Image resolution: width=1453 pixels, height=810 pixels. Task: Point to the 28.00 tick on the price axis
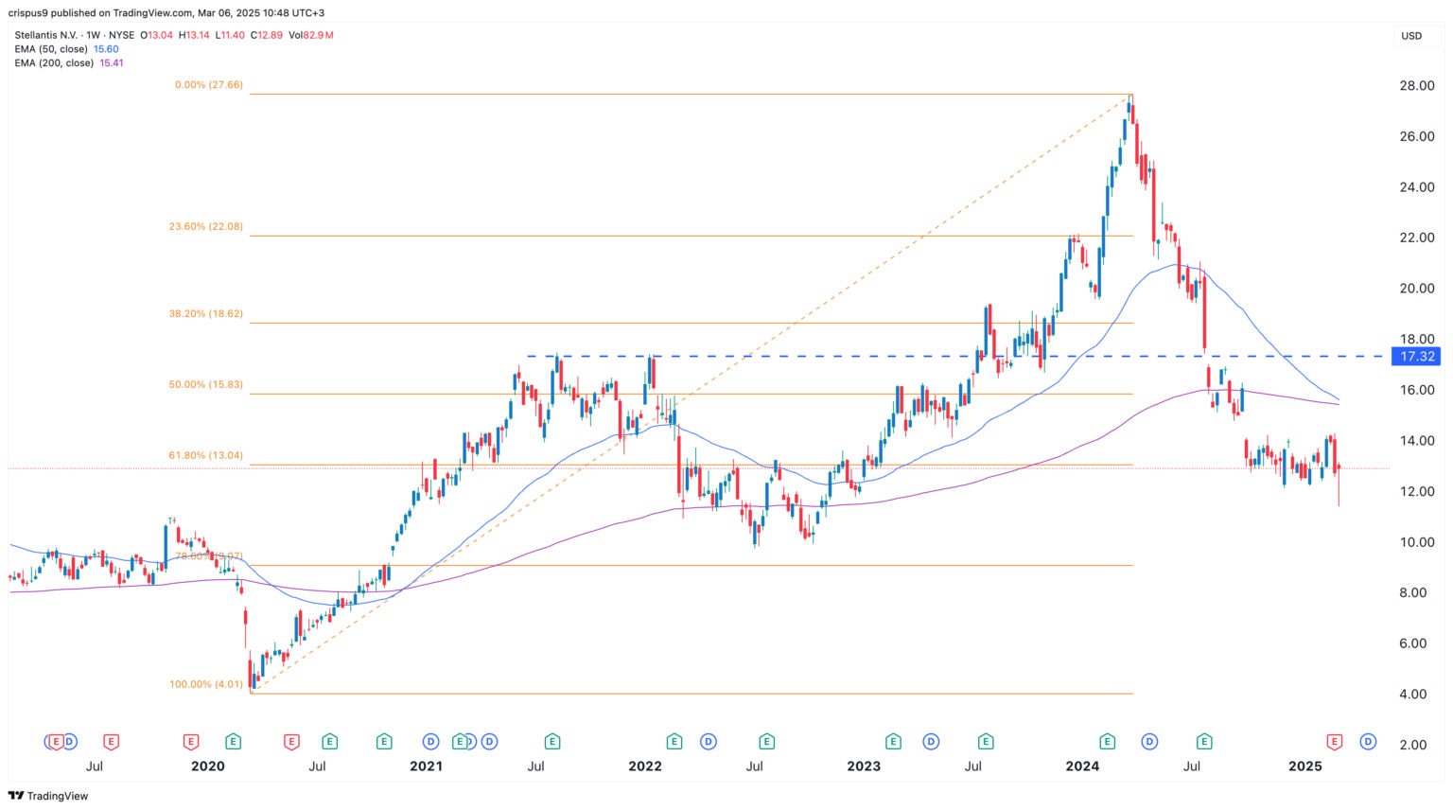tap(1417, 86)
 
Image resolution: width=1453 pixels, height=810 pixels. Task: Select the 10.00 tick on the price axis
tap(1417, 542)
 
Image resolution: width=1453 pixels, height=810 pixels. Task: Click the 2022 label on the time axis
tap(645, 766)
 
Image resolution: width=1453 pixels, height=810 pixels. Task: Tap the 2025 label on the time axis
tap(1304, 766)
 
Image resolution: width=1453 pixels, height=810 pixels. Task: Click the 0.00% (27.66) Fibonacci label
tap(208, 85)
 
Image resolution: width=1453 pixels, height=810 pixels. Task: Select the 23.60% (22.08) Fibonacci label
tap(205, 227)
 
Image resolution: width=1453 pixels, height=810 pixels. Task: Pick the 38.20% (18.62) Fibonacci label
tap(205, 314)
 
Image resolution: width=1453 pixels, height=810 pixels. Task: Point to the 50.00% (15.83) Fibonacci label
tap(205, 385)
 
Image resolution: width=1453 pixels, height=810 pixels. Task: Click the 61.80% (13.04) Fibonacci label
tap(205, 455)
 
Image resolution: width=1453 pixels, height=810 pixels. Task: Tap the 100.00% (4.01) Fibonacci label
tap(205, 684)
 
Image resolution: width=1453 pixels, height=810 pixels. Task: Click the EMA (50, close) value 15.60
tap(106, 49)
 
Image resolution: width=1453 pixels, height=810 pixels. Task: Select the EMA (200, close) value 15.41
tap(111, 63)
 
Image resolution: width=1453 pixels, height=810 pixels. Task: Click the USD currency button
tap(1411, 36)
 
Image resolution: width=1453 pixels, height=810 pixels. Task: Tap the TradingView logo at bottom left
tap(48, 796)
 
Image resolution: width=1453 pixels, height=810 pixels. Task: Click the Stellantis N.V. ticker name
tap(46, 35)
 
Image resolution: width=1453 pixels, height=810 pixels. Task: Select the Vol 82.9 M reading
tap(310, 35)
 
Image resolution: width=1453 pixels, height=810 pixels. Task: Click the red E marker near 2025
tap(1335, 741)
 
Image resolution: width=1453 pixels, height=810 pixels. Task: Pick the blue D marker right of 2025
tap(1367, 741)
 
